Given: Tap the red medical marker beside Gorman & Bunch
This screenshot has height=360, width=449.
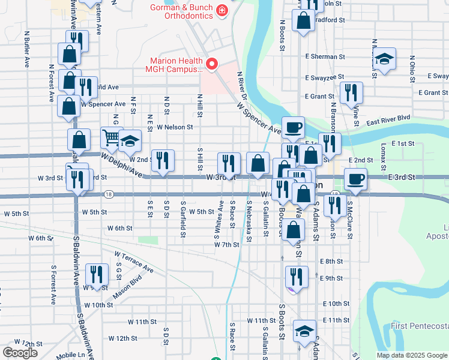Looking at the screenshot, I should click(x=222, y=10).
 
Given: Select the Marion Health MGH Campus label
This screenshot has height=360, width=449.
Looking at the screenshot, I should click(x=175, y=65).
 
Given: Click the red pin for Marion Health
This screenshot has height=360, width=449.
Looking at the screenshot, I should click(x=211, y=64).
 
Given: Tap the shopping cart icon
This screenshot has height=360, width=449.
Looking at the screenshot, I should click(x=110, y=139).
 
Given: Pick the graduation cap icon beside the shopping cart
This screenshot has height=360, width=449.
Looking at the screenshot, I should click(x=129, y=141).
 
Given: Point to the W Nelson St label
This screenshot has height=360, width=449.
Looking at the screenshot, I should click(x=175, y=127).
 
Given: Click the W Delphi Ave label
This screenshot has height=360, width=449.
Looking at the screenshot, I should click(x=122, y=166).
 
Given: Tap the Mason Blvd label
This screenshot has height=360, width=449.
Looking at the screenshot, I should click(x=127, y=288).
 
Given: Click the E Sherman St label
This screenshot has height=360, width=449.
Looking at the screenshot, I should click(x=325, y=56).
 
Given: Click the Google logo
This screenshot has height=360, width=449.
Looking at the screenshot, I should click(x=20, y=353).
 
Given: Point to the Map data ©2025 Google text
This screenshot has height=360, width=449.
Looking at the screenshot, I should click(x=411, y=355).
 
